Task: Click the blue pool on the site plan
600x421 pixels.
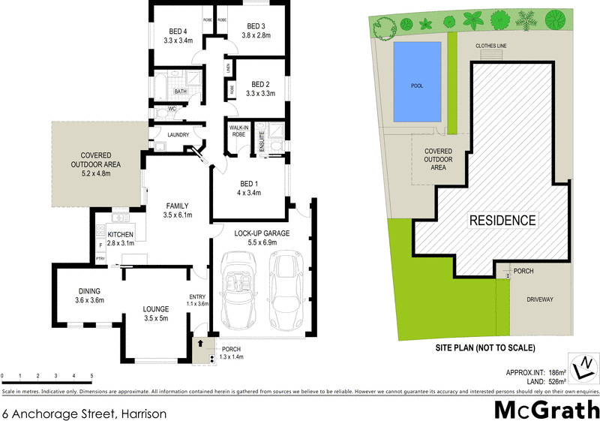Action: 417,84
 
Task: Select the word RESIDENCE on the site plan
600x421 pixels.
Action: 502,221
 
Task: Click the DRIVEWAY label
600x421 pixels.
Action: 540,299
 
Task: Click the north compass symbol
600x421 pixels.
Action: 583,368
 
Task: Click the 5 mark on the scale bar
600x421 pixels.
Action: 91,375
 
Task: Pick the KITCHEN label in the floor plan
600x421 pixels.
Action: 121,234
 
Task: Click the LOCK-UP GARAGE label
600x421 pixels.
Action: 261,233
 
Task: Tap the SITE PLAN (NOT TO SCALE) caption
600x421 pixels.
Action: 485,348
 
